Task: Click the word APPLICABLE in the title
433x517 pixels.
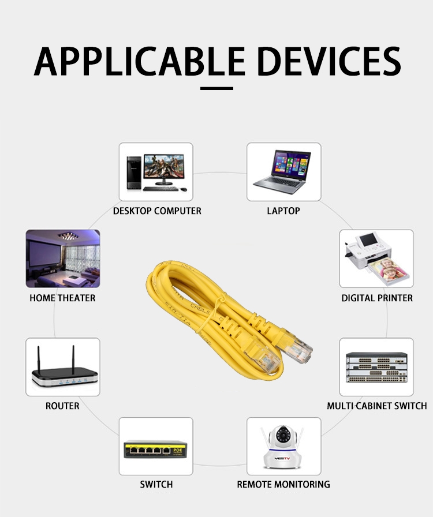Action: click(139, 61)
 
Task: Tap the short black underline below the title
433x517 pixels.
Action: click(216, 88)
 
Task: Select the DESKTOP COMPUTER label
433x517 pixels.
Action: click(157, 211)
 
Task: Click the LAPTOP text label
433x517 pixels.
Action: click(283, 211)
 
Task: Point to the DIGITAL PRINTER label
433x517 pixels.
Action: click(377, 298)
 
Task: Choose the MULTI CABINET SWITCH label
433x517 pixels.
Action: click(377, 406)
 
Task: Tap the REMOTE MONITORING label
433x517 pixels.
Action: click(283, 484)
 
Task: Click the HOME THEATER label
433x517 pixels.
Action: click(62, 298)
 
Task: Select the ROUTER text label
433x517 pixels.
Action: click(62, 406)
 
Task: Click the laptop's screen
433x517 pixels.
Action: click(291, 163)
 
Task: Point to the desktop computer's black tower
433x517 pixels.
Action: click(134, 173)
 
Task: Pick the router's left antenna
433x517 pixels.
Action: click(39, 358)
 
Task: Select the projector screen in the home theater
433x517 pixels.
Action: click(44, 253)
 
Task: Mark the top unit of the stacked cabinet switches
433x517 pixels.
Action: click(376, 355)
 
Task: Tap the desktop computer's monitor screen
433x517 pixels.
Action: click(164, 167)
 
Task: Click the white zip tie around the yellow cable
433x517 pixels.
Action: click(211, 313)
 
